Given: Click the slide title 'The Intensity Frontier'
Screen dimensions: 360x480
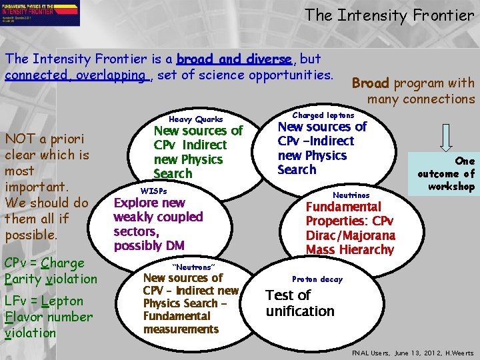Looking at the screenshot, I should click(x=389, y=15).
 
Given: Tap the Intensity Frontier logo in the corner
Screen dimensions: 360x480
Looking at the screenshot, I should click(x=41, y=13).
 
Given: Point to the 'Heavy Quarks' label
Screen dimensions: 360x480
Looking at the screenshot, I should click(x=195, y=119).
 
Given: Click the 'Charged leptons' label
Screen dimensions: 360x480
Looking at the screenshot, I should click(x=323, y=115).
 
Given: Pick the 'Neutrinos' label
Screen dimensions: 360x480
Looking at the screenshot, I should click(x=351, y=195).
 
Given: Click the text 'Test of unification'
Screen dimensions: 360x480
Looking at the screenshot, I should click(x=299, y=303).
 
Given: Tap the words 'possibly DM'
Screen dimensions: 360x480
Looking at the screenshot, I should click(x=149, y=246).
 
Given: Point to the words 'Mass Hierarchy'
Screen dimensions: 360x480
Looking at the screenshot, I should click(x=350, y=250).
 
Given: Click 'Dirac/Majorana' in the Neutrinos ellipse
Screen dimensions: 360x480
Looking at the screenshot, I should click(x=350, y=235).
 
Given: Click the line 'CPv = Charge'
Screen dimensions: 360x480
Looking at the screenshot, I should click(x=45, y=263).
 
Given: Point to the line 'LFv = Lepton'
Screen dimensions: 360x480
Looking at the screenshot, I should click(x=44, y=301).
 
